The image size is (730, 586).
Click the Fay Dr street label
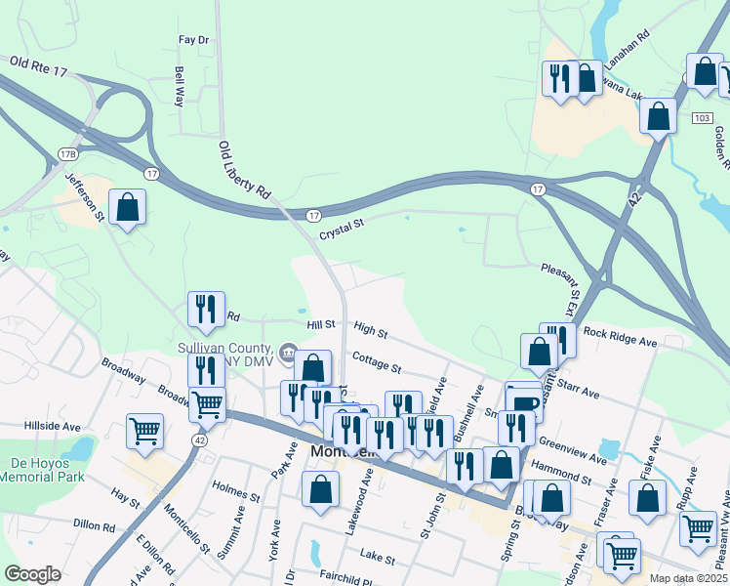pyautogui.click(x=194, y=40)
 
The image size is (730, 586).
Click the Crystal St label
pyautogui.click(x=342, y=224)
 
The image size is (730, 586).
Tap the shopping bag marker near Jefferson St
pyautogui.click(x=127, y=207)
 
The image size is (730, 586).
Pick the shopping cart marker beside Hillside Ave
pyautogui.click(x=144, y=430)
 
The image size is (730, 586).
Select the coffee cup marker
pyautogui.click(x=525, y=400)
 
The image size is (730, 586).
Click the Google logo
pyautogui.click(x=32, y=574)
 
